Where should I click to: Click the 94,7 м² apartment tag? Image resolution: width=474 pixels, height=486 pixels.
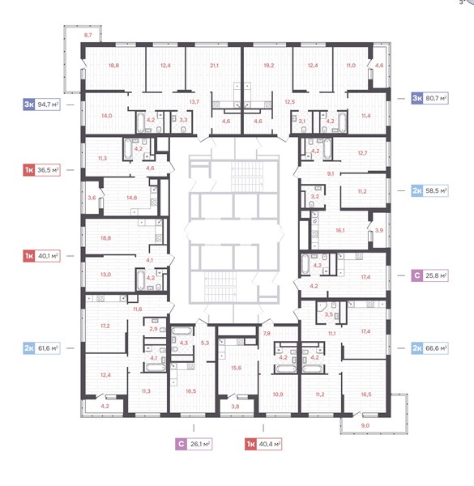[41, 104]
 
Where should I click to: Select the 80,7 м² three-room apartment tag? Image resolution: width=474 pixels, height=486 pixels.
[429, 98]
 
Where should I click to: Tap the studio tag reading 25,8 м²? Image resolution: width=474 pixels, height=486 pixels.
[429, 275]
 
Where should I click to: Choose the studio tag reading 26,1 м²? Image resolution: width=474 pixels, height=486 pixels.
[194, 444]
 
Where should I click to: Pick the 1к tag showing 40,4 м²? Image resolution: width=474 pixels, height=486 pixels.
[263, 444]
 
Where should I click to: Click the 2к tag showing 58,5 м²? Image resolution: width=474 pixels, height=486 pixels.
[429, 190]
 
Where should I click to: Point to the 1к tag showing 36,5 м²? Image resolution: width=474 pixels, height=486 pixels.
[41, 170]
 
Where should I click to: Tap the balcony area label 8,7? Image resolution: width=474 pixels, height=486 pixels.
[88, 35]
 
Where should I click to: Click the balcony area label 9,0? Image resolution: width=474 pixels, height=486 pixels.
[365, 425]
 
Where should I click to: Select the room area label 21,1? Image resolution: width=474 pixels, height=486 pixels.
[214, 66]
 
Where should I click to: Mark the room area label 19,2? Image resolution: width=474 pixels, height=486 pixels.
[269, 66]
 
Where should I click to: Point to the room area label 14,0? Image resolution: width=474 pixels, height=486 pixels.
[107, 116]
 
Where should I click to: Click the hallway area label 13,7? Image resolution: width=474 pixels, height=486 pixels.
[194, 102]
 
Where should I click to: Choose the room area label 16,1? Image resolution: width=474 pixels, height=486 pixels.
[340, 230]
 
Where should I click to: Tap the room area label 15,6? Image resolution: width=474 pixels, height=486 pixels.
[237, 368]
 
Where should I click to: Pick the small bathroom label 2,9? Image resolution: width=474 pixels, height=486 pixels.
[153, 329]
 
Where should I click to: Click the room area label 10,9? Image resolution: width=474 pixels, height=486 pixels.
[278, 394]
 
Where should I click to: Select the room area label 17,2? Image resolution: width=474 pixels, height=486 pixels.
[105, 326]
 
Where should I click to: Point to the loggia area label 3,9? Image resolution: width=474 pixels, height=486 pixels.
[379, 230]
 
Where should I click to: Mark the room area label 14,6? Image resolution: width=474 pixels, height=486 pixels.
[132, 198]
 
